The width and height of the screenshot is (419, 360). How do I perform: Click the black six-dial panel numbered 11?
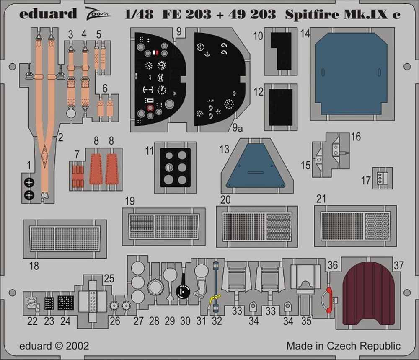(x=176, y=167)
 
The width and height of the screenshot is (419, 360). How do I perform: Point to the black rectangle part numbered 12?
(x=280, y=107)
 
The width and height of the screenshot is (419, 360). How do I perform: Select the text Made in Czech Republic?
(x=343, y=346)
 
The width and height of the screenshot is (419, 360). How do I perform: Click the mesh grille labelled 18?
(x=65, y=239)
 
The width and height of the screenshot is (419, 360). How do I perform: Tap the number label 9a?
(x=237, y=129)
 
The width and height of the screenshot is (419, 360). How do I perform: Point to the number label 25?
(x=109, y=279)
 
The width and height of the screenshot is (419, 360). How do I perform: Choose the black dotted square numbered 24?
(x=65, y=302)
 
